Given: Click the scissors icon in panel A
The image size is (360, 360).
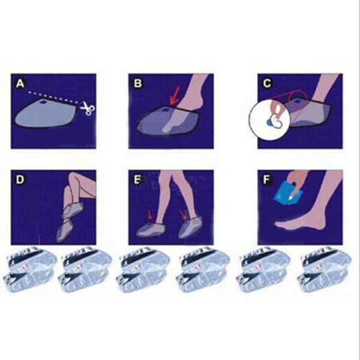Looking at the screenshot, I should pos(88,109).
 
